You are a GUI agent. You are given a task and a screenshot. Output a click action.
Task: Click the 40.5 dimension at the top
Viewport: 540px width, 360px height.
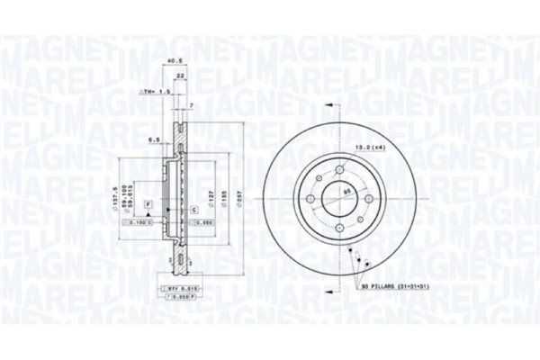click(164, 62)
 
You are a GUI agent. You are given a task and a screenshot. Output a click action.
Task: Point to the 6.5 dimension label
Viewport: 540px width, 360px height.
click(153, 139)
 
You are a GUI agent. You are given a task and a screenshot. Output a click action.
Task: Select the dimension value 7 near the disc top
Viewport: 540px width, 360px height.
click(191, 106)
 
